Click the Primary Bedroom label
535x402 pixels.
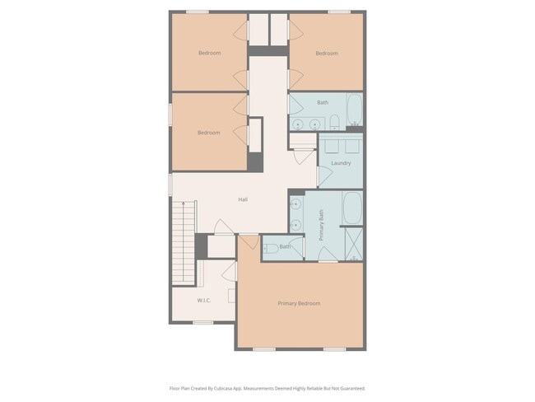pyautogui.click(x=299, y=303)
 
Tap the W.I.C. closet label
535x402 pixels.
pyautogui.click(x=204, y=300)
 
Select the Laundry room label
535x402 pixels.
pyautogui.click(x=341, y=163)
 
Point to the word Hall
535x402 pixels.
pyautogui.click(x=243, y=199)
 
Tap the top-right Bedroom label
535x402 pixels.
pyautogui.click(x=327, y=54)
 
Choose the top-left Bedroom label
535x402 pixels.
pyautogui.click(x=209, y=54)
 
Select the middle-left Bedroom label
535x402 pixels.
pyautogui.click(x=208, y=133)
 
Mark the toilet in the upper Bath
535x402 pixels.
pyautogui.click(x=335, y=124)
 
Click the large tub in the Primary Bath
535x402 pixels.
pyautogui.click(x=351, y=208)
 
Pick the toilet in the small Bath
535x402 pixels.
pyautogui.click(x=271, y=247)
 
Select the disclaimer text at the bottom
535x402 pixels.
pyautogui.click(x=267, y=388)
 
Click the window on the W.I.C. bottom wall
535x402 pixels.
pyautogui.click(x=202, y=322)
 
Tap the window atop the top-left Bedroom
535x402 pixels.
pyautogui.click(x=197, y=12)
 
